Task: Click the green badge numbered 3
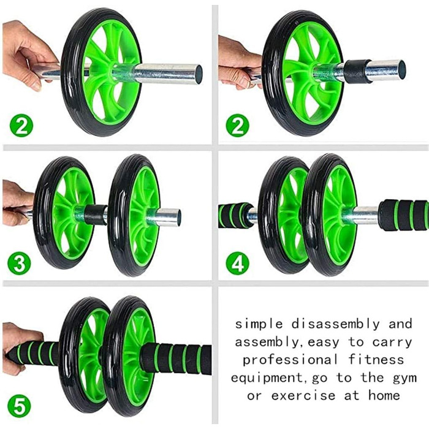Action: pos(19,263)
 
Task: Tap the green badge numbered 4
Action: pos(237,263)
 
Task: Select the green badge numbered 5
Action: pos(19,406)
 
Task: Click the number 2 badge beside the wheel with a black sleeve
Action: pos(237,126)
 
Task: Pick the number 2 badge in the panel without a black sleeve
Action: pos(21,126)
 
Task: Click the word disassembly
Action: pos(335,324)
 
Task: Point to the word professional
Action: pos(290,360)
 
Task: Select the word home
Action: pos(384,395)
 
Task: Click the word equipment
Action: pos(267,378)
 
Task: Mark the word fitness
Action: pos(376,360)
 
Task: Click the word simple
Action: pos(259,324)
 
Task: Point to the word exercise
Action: pos(303,396)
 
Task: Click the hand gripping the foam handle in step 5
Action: pos(19,348)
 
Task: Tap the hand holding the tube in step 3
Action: pos(17,203)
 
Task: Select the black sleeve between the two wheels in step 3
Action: pos(96,214)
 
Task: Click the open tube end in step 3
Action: pos(178,218)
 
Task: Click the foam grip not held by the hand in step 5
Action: pos(176,359)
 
